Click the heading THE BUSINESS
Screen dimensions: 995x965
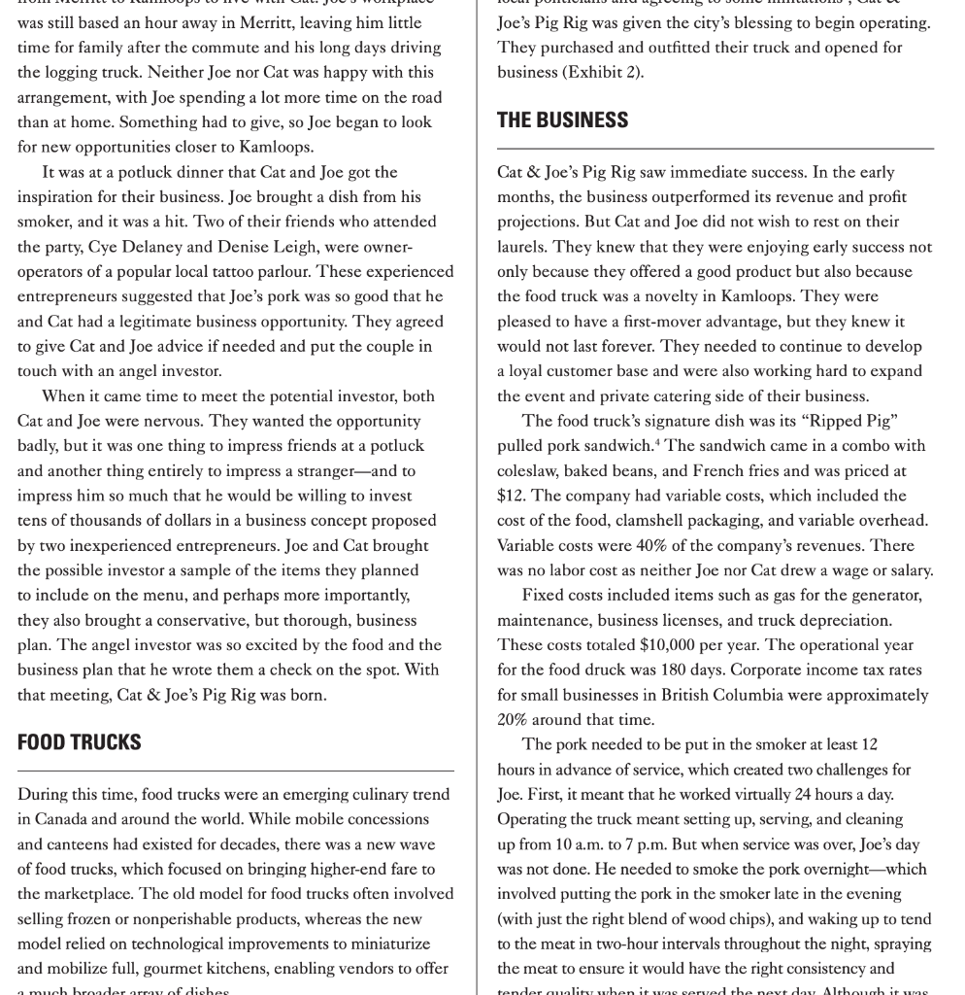coord(562,120)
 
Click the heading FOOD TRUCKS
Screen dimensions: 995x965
coord(80,742)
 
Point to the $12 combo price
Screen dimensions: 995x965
coord(512,496)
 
